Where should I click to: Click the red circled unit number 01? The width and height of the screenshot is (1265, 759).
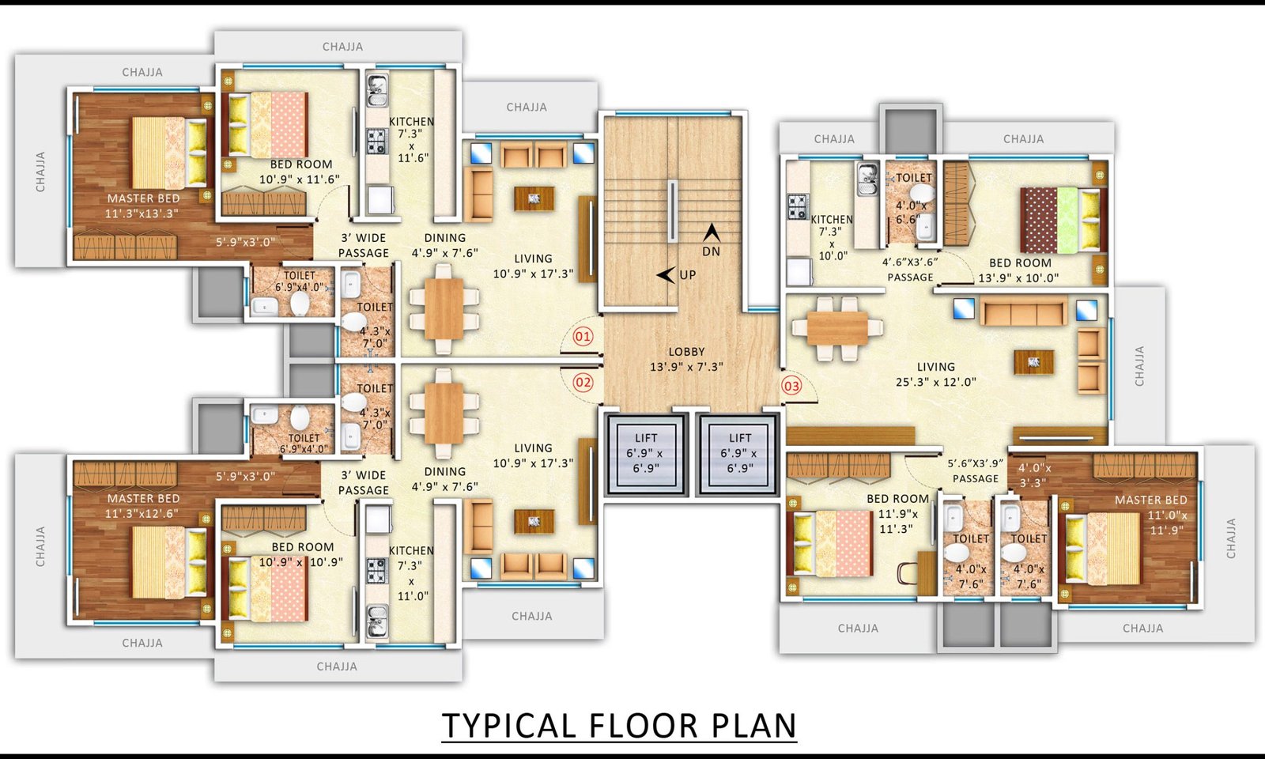click(x=583, y=337)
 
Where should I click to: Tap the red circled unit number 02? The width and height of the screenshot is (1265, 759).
click(x=583, y=383)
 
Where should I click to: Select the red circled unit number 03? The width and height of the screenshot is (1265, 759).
click(x=791, y=387)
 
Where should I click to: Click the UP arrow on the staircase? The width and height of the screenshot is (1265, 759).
click(x=666, y=275)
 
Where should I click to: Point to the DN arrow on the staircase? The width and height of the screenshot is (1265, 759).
click(x=712, y=232)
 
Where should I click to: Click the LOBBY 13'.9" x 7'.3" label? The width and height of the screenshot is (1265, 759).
click(x=686, y=359)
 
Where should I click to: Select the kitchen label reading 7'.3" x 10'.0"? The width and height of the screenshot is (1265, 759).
click(x=832, y=237)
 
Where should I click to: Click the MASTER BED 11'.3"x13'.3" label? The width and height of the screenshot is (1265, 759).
click(x=143, y=206)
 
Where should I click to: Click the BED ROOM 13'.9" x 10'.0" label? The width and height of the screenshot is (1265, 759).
click(x=1019, y=270)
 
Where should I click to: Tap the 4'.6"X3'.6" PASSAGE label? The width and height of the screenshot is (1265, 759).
click(x=910, y=270)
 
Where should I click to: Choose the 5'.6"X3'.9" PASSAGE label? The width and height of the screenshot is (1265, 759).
click(x=976, y=471)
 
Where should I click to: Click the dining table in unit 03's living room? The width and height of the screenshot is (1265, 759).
click(x=837, y=329)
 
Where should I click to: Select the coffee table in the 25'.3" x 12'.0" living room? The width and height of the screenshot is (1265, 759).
click(x=1033, y=362)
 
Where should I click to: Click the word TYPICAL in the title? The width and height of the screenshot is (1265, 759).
click(x=508, y=726)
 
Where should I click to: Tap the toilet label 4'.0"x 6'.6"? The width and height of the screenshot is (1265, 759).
click(x=911, y=213)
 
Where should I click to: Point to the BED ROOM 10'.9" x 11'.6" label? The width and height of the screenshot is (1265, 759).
click(x=300, y=172)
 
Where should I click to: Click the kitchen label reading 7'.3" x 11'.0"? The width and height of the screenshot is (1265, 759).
click(x=411, y=572)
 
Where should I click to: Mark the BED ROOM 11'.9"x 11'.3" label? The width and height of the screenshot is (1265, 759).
click(x=898, y=514)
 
